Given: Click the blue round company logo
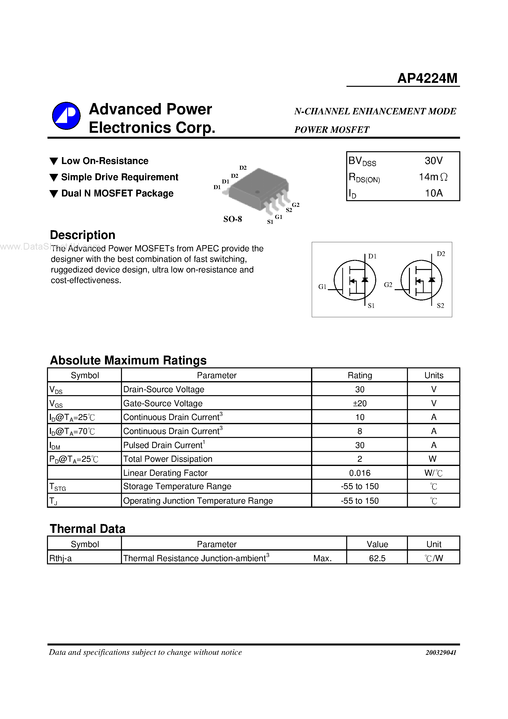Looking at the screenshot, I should coord(66,116).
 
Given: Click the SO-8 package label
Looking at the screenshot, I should coord(232,219).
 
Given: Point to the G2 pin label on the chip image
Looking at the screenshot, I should coord(296,205).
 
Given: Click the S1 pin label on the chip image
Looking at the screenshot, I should coord(270,222).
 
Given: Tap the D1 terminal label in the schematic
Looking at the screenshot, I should coord(372,256).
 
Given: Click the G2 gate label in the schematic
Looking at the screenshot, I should coord(388,285).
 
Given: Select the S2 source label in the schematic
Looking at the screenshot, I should coord(440,306).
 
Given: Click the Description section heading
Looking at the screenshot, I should coord(83,235).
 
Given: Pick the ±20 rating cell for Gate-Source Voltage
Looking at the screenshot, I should coord(359,403).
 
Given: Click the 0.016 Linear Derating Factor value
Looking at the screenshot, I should coord(359,473).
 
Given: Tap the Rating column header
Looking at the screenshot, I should coord(359,375).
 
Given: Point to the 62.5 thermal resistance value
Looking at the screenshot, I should coord(377,558).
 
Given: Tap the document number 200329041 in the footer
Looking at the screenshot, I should coord(441,653).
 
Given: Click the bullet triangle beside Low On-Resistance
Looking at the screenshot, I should coord(54,161).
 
